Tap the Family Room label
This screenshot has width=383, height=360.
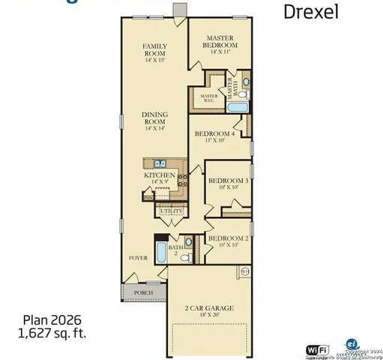(x=154, y=49)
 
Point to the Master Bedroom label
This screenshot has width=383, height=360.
(x=221, y=42)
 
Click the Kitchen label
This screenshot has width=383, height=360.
(x=160, y=175)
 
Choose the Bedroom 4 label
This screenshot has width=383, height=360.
(x=215, y=134)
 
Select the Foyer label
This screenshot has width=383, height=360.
(x=138, y=257)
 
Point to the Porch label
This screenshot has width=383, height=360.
(x=143, y=292)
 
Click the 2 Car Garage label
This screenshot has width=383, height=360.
(x=210, y=308)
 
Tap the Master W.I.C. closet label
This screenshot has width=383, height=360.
(x=208, y=97)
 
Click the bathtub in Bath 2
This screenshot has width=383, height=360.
(x=160, y=252)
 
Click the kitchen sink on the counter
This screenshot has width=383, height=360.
(x=159, y=163)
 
